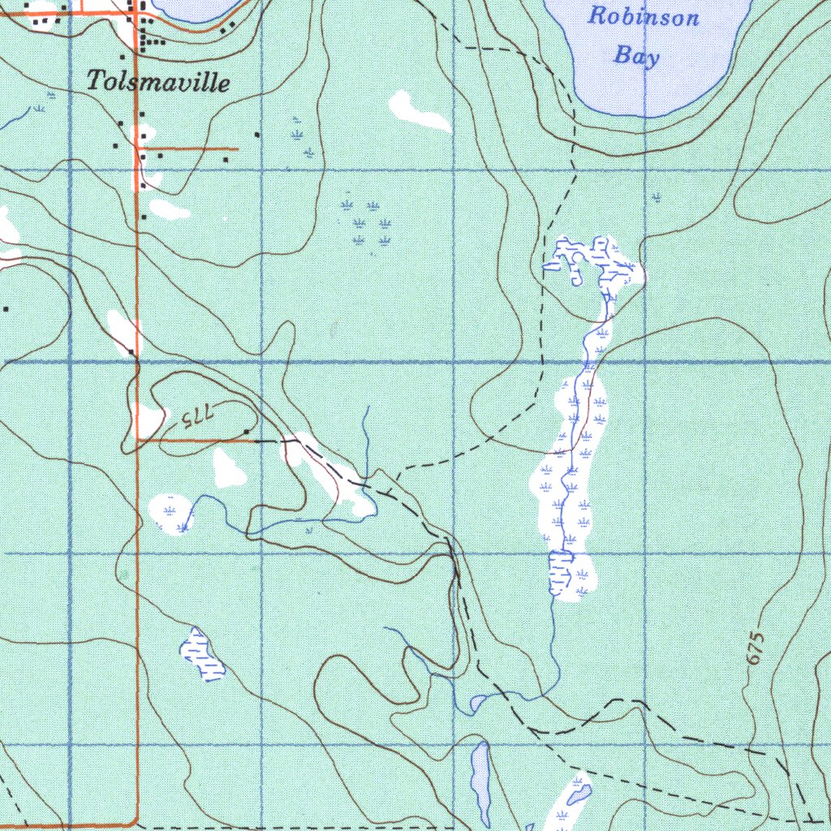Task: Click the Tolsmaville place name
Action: pos(158,81)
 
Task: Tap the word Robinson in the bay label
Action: pos(643,16)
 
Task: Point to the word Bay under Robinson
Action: pos(636,55)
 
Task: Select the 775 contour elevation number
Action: pos(196,417)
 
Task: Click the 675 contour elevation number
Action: pos(756,649)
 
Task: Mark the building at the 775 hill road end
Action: pos(247,432)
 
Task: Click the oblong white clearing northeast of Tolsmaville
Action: pos(419,111)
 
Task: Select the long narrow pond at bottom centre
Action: pos(481,781)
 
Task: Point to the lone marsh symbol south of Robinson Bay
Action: pos(656,196)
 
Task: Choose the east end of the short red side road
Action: pos(237,149)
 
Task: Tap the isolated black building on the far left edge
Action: pos(6,308)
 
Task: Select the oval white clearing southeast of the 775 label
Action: pos(229,468)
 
